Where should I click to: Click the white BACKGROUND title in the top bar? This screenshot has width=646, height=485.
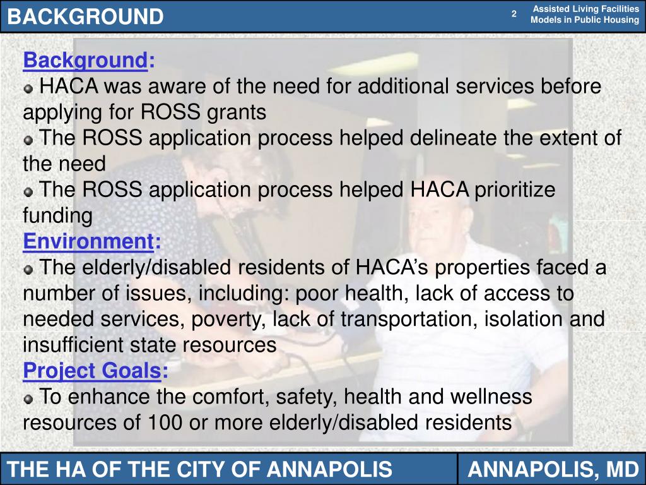[x=86, y=16]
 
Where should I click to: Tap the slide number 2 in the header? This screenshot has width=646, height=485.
[x=514, y=14]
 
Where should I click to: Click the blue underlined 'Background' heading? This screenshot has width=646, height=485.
[x=85, y=61]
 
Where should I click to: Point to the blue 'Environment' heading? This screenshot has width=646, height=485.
[x=88, y=242]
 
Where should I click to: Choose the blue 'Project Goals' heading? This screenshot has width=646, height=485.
[x=91, y=371]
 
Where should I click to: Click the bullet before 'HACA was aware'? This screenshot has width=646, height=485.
[x=28, y=88]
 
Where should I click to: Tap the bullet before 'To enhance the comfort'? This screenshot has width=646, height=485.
[x=28, y=399]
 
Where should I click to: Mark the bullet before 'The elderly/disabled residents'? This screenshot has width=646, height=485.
[x=28, y=270]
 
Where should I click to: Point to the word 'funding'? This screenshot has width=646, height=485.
[x=57, y=216]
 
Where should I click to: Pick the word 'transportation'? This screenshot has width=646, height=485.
[x=408, y=320]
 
